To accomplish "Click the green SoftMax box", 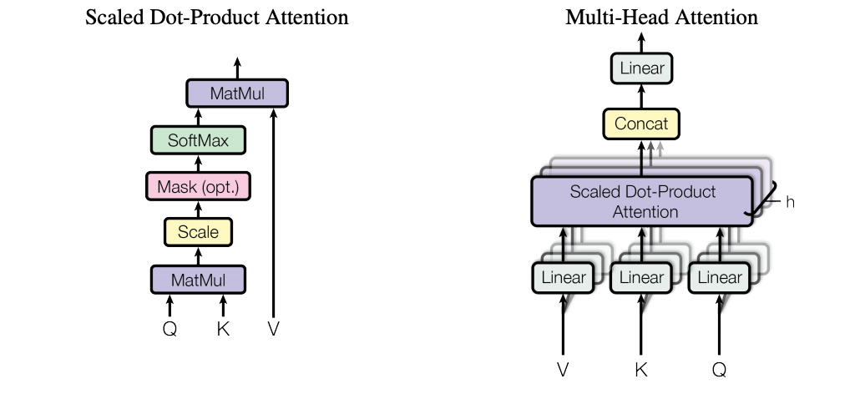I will click(198, 139).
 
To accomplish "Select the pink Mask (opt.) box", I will click(198, 184).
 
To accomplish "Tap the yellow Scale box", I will click(198, 231).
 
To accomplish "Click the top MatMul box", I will click(236, 93).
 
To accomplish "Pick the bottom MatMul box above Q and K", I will click(198, 278).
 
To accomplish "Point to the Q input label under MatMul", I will click(169, 328).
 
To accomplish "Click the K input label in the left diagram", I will click(223, 328).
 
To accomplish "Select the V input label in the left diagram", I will click(274, 328).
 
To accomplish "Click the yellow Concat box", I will click(641, 124).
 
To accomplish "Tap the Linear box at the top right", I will click(641, 68).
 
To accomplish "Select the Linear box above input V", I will click(564, 278).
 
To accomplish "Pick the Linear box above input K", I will click(641, 278).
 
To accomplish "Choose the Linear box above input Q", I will click(719, 278).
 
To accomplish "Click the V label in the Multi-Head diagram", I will click(564, 368).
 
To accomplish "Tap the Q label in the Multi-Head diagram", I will click(719, 368).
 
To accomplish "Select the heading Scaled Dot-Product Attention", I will click(217, 17).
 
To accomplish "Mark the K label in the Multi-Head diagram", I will click(641, 368).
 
